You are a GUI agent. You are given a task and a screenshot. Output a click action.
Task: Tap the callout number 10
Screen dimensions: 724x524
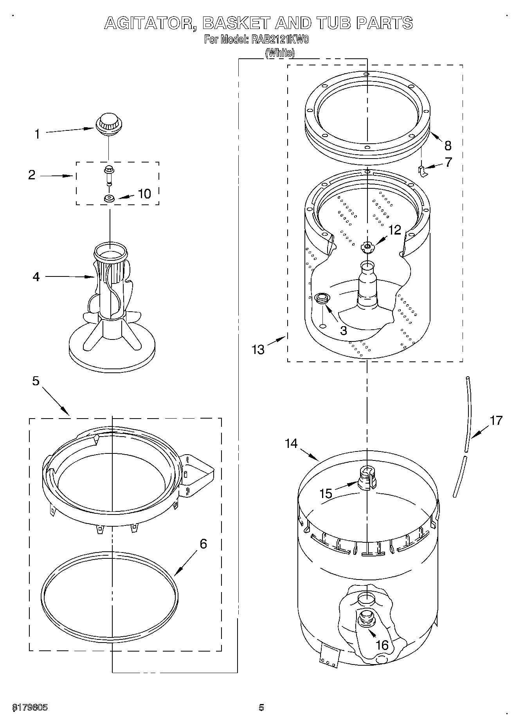(144, 194)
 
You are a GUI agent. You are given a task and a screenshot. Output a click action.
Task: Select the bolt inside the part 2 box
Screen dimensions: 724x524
(108, 174)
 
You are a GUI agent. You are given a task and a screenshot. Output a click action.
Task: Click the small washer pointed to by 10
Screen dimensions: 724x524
(109, 199)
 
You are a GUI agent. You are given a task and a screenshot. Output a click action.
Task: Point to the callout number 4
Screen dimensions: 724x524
(36, 277)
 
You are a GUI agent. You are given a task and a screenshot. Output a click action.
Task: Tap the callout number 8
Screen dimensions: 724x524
(448, 146)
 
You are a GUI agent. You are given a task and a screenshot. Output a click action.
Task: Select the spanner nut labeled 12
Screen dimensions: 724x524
(367, 247)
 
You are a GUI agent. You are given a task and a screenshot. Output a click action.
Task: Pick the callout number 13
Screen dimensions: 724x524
(258, 349)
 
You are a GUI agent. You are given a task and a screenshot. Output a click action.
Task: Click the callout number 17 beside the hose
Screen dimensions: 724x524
(496, 421)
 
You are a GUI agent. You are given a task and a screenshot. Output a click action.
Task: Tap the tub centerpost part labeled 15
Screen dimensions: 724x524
(367, 477)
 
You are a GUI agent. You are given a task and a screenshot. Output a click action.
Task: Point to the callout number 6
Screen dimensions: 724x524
(203, 543)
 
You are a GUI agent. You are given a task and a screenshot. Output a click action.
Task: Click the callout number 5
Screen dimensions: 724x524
(36, 381)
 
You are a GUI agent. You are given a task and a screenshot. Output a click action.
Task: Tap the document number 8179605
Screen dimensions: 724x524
(30, 708)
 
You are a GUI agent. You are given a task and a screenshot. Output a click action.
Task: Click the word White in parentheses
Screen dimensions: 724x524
(280, 53)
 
